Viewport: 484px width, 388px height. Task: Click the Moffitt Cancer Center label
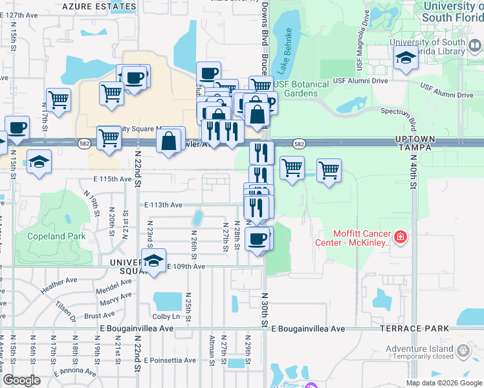[362, 238]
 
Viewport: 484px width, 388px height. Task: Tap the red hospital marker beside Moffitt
[401, 238]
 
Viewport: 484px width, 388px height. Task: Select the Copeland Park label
[56, 236]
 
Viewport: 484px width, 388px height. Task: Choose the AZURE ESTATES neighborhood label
[101, 6]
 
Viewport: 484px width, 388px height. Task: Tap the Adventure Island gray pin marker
[463, 350]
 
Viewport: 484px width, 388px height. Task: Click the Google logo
[21, 380]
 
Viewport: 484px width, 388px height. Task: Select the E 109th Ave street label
[186, 266]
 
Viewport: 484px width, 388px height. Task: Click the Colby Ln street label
[166, 316]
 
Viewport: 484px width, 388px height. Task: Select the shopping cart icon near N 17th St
[58, 100]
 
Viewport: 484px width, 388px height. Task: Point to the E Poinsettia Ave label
[170, 360]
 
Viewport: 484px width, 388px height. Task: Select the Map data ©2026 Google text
[443, 383]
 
